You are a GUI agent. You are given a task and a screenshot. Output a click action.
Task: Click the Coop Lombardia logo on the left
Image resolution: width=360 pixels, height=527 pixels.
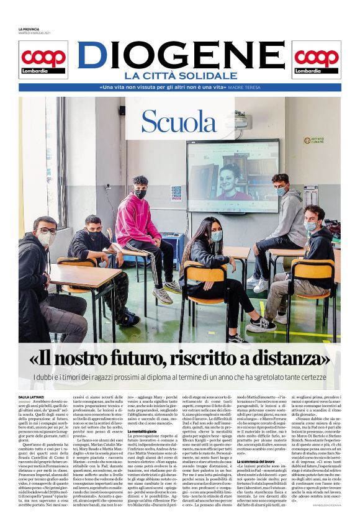click(43, 60)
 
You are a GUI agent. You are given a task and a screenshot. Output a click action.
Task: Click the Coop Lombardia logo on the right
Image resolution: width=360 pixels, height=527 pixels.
click(317, 60)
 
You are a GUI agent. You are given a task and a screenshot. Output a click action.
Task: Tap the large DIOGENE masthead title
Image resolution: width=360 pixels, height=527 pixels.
click(180, 55)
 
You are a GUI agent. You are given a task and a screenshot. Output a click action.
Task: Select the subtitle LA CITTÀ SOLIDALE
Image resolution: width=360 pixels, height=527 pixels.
click(180, 76)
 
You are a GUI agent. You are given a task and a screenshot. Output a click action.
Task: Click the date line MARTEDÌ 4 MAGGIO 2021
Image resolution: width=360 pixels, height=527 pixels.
click(35, 34)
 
